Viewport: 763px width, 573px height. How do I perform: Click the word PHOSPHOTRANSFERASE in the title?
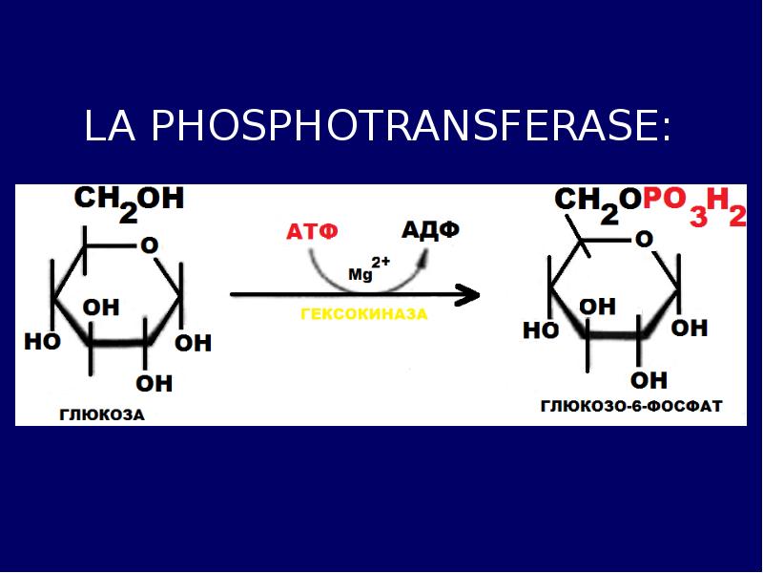(x=411, y=127)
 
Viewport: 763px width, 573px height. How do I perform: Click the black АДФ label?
(x=430, y=230)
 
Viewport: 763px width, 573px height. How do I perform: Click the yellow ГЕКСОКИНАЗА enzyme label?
(x=363, y=314)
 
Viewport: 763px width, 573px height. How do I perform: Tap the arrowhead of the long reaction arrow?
(x=467, y=294)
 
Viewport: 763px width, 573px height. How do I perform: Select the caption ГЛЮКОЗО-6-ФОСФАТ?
(x=630, y=406)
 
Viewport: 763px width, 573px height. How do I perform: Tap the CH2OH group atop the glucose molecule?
(x=128, y=202)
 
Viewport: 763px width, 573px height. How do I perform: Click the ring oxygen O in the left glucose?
(x=149, y=245)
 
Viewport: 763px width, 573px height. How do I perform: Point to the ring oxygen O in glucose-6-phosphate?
(x=644, y=239)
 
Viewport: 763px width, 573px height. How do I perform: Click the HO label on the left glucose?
(x=42, y=341)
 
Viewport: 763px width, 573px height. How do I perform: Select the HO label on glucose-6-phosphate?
(x=541, y=330)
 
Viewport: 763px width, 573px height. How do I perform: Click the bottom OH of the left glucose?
(x=155, y=383)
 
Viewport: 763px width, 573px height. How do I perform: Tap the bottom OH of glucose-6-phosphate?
(x=650, y=380)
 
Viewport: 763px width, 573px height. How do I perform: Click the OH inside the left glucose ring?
(x=101, y=308)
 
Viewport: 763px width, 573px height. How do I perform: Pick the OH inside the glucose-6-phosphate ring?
(x=598, y=306)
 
